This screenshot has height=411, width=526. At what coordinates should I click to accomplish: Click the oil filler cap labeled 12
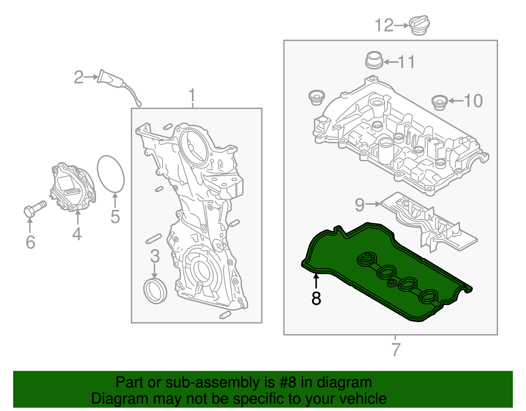pos(419,25)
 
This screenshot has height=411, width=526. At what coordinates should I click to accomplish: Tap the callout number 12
pos(384,25)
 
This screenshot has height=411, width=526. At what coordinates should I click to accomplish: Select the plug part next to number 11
pos(374,60)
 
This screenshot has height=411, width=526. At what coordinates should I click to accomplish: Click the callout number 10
pos(473,101)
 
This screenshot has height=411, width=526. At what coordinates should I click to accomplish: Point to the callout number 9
pos(360,205)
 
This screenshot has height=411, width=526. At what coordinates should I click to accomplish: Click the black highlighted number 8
pos(316,298)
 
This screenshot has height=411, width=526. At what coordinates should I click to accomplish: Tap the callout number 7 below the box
pos(396,349)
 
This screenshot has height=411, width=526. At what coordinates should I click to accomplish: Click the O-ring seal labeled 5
pos(111,174)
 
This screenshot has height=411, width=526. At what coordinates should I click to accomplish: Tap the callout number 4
pos(77,234)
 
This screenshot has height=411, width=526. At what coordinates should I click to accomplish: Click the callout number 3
pos(155,256)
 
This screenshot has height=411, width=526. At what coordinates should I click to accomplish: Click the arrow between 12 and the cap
pos(401,25)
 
